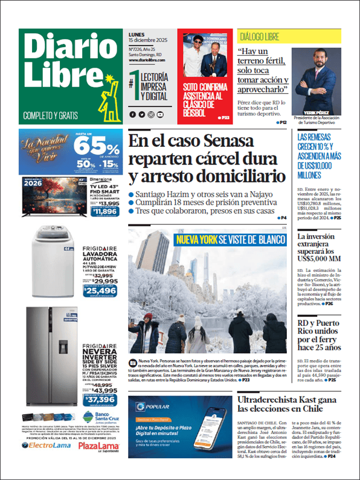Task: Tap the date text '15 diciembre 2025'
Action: (x=149, y=42)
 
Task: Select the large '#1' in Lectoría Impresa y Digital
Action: (x=133, y=83)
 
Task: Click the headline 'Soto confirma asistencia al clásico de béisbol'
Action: (x=203, y=100)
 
